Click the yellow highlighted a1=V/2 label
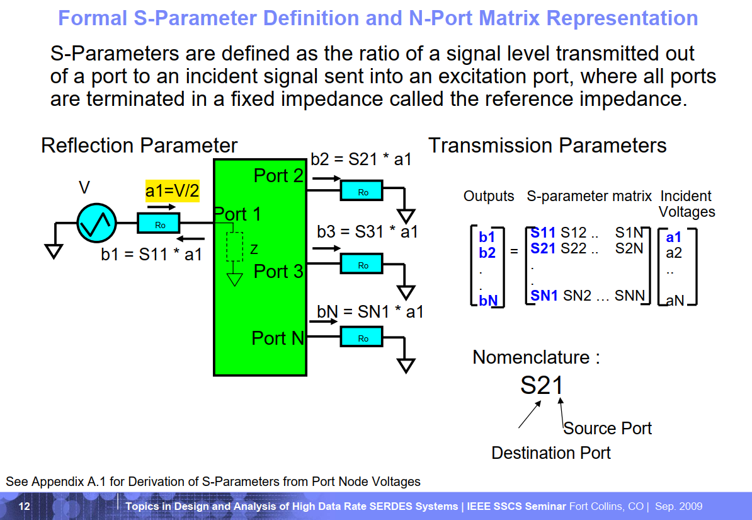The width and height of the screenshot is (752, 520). [172, 190]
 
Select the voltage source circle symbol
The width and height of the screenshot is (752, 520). [96, 222]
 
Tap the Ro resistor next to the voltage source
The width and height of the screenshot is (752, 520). [159, 223]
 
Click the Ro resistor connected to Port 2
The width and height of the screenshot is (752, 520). [362, 192]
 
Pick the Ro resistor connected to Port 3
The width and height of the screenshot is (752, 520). [362, 264]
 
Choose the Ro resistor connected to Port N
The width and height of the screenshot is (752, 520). [362, 337]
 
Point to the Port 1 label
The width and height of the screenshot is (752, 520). [237, 214]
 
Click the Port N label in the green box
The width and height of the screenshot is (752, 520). [278, 338]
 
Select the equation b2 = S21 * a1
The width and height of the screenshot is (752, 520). [361, 159]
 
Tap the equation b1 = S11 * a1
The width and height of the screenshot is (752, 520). [151, 255]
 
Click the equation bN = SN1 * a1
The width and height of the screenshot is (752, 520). [370, 311]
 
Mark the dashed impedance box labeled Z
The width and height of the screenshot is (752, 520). [234, 246]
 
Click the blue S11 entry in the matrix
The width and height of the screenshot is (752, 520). [543, 233]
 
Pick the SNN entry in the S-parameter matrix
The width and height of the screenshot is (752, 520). [629, 295]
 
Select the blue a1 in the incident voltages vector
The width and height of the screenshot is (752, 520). [674, 238]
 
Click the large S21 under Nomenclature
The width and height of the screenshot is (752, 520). [542, 385]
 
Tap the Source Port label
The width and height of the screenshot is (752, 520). [607, 429]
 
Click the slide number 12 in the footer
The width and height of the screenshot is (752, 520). [25, 507]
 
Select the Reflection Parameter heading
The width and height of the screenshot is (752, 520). [139, 146]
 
